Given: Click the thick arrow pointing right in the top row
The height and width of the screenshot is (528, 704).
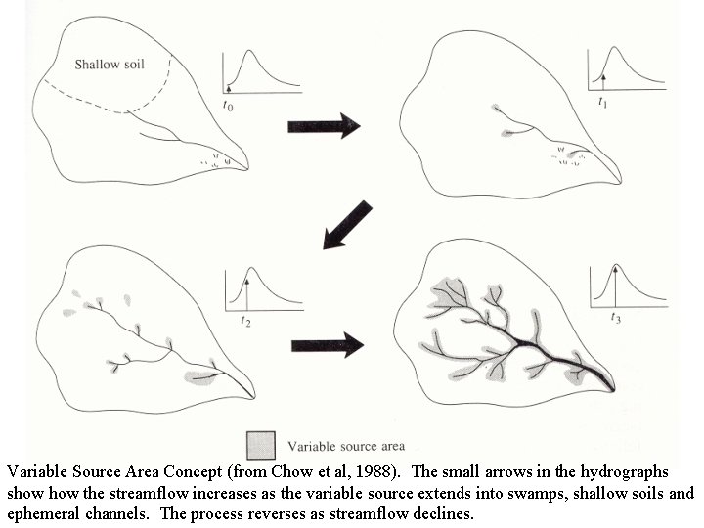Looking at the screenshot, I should (324, 125).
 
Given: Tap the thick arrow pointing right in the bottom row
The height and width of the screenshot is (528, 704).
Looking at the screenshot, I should (327, 344).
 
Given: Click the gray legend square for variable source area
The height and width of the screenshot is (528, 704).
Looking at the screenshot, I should (260, 445).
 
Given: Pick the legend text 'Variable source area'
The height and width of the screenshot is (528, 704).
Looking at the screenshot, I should (345, 446).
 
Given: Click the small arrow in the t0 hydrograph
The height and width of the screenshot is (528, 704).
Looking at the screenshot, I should (229, 87).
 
